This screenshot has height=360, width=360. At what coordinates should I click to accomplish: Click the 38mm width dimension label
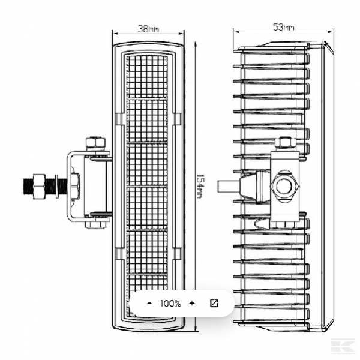(x=148, y=29)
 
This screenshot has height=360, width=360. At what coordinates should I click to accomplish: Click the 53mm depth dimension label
(x=283, y=27)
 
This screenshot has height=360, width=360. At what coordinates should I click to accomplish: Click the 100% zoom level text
(x=170, y=304)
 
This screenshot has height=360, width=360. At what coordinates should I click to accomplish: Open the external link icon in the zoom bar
(x=214, y=303)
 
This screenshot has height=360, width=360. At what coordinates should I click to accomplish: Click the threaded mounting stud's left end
(x=25, y=186)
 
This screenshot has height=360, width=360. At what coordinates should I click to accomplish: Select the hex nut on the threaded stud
(x=39, y=186)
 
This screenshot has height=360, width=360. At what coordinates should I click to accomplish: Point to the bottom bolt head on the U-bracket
(x=96, y=224)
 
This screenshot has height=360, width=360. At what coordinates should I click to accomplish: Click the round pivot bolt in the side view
(x=285, y=186)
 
